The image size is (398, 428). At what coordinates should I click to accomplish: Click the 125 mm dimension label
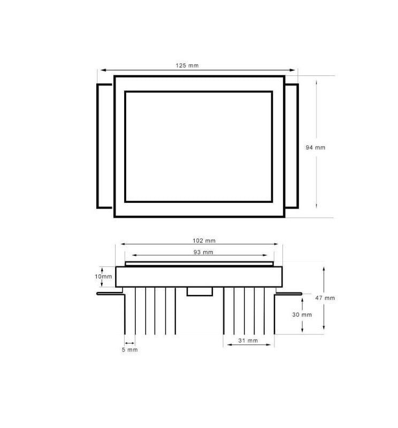187,65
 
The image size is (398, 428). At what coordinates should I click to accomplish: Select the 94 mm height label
315,147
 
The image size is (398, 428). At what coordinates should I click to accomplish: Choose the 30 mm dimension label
302,315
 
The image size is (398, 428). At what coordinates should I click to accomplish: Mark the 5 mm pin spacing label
129,349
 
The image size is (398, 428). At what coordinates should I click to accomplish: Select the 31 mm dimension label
249,340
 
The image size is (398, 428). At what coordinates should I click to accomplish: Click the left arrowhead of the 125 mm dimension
100,70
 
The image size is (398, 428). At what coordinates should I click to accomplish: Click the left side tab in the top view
105,146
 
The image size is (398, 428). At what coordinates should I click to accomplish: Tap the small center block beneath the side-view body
198,291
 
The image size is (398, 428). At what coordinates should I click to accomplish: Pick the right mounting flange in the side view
289,293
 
